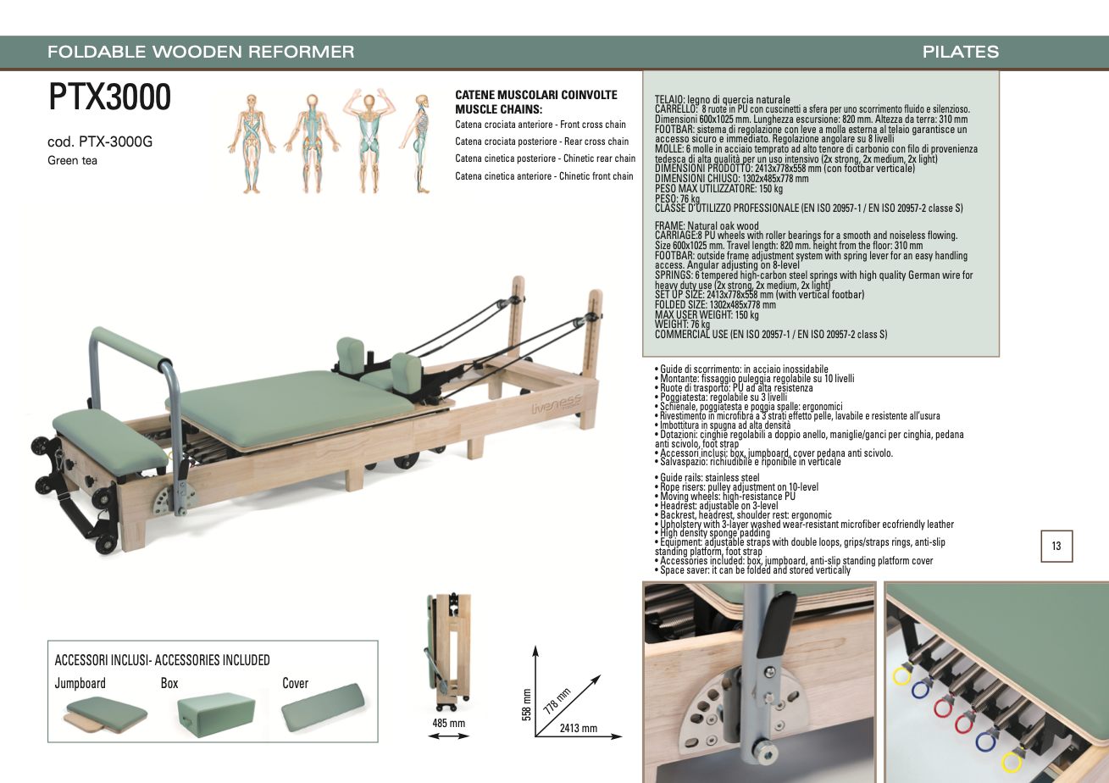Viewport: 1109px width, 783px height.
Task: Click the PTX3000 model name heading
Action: click(110, 97)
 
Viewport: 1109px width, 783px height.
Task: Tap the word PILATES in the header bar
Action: click(961, 52)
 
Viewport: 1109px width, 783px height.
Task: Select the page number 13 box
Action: click(1056, 546)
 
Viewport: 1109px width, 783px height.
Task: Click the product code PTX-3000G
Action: click(116, 142)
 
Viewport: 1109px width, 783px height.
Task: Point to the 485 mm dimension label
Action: click(448, 723)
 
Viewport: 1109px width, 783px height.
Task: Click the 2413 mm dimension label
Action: click(579, 728)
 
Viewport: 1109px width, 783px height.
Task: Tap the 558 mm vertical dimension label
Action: click(527, 704)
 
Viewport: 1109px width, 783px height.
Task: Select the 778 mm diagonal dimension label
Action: click(557, 700)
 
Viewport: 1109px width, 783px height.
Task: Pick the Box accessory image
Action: click(216, 714)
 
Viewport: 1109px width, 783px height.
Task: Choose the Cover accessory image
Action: click(323, 708)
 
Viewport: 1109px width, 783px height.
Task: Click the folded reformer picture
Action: click(447, 652)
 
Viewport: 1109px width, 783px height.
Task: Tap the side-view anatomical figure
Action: click(419, 143)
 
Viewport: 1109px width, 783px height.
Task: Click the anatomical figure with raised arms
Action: click(369, 141)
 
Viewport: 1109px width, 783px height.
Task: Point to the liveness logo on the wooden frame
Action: click(556, 405)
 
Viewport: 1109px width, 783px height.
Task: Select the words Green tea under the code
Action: click(72, 160)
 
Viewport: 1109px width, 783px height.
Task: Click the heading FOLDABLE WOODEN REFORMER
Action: click(201, 52)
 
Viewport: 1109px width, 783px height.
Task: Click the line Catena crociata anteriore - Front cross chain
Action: click(541, 125)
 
